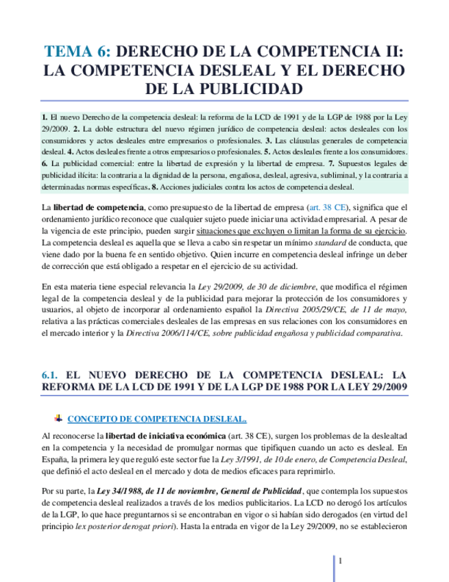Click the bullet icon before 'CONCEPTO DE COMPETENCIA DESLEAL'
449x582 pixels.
coord(58,418)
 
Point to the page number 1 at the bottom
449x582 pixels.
coord(340,561)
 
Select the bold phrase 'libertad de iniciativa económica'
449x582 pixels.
coord(163,436)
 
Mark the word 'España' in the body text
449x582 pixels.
coord(55,460)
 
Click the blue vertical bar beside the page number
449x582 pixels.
coord(334,568)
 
